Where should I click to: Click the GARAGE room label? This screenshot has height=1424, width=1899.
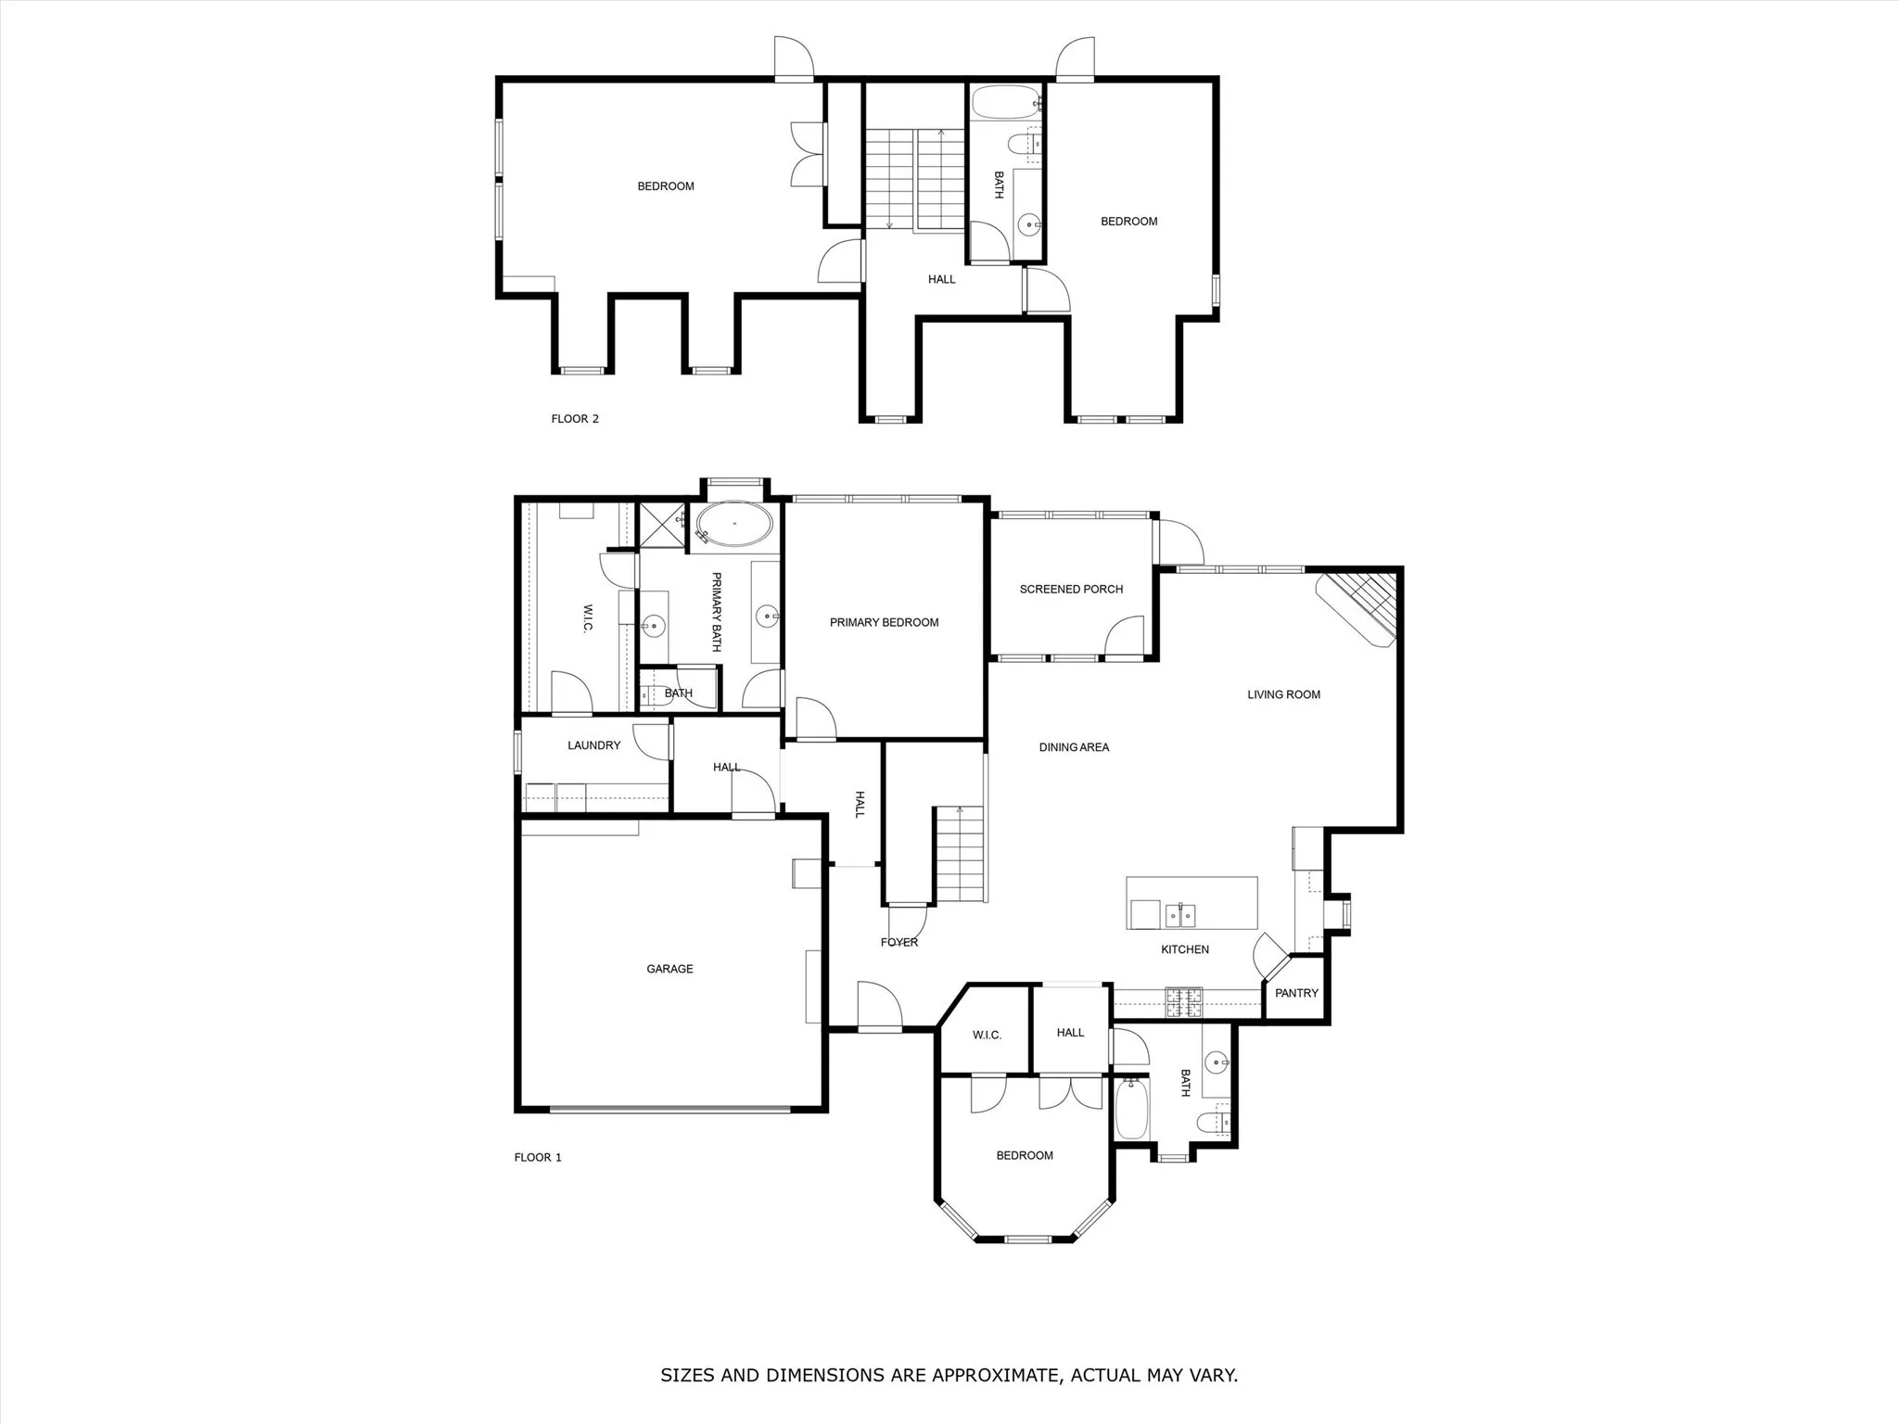click(669, 969)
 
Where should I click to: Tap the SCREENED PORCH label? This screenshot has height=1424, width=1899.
click(1071, 589)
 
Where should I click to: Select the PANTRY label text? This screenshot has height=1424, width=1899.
click(1296, 993)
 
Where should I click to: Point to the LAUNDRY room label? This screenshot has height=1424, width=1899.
click(593, 745)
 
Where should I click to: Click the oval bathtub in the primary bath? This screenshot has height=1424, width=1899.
click(734, 525)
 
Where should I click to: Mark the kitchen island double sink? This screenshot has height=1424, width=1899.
click(1181, 915)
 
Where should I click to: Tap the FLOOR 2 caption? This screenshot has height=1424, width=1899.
click(575, 419)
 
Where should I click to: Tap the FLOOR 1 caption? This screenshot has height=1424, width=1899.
click(538, 1157)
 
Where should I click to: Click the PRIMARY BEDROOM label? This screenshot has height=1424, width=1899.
click(884, 622)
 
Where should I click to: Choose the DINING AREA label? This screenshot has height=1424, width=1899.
click(1074, 747)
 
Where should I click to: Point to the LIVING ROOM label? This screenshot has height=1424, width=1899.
click(1283, 694)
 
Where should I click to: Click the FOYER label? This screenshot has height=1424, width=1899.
click(899, 943)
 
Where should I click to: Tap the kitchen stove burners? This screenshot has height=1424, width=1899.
click(1183, 999)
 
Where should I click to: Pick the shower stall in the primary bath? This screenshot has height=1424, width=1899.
click(662, 526)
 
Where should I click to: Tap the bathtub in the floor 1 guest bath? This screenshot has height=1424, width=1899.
click(1131, 1110)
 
